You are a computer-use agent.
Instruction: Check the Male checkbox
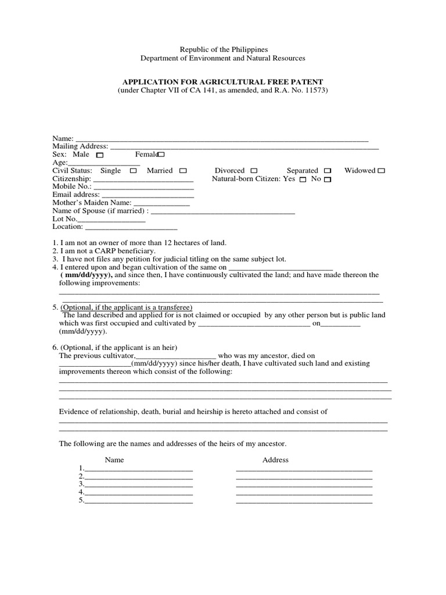pos(100,155)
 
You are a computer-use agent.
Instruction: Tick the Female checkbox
pos(161,155)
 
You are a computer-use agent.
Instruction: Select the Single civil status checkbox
pos(133,171)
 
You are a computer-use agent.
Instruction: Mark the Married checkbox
pos(183,171)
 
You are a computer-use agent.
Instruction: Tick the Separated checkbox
pos(328,171)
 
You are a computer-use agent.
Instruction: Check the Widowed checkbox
pos(382,171)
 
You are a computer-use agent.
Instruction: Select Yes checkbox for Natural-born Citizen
pos(303,180)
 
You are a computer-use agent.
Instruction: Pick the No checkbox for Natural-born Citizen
pos(328,180)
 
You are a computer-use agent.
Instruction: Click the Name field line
pos(221,139)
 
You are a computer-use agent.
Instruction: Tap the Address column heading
pos(275,460)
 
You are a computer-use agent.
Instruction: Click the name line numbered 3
pos(139,484)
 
